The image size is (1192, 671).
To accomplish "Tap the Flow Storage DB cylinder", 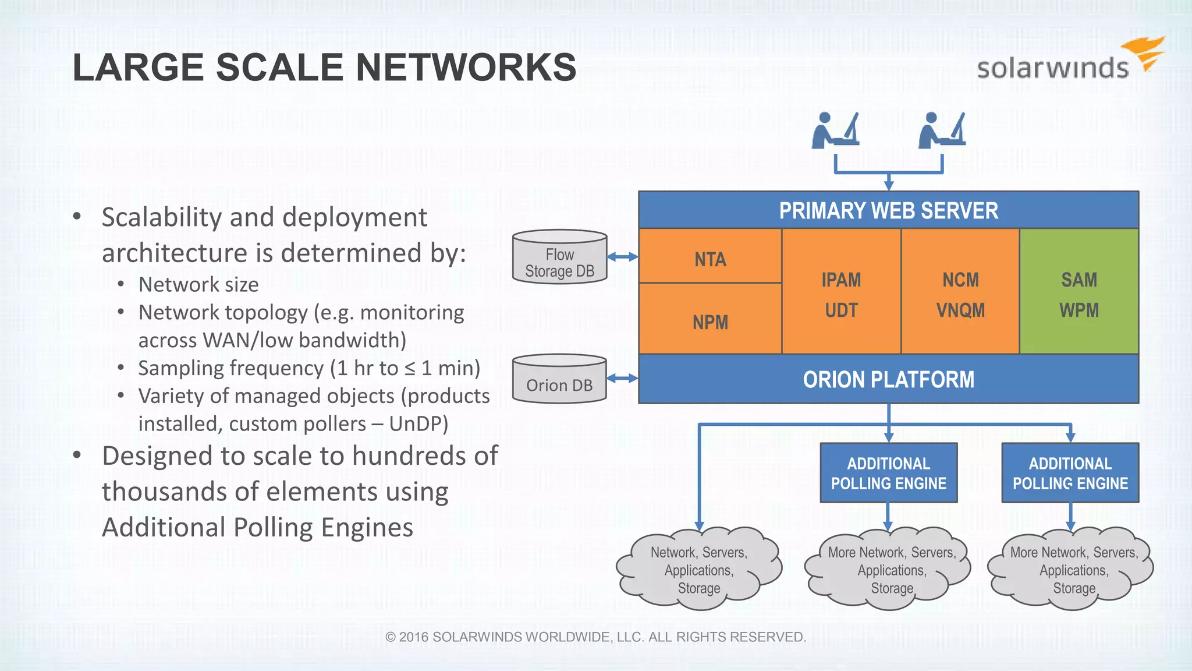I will pos(559,258).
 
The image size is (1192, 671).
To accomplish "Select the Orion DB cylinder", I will pos(559,380).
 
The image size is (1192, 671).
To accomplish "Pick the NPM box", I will pos(710,320).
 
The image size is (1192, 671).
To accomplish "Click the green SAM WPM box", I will pos(1079,292).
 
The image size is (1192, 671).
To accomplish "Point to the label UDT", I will pos(841,310).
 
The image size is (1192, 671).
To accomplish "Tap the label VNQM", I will pos(960,310).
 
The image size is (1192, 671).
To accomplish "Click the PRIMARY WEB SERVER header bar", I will pos(888,210).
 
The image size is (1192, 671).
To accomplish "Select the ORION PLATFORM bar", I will pos(888,379).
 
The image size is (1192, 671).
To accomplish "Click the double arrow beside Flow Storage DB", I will pos(622,257).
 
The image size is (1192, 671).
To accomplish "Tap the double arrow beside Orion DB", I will pos(622,379).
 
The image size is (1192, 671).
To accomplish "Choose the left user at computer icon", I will pos(835,130).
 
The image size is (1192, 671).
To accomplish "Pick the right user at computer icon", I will pos(941,130).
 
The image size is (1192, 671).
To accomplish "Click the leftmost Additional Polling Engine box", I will pos(888,473).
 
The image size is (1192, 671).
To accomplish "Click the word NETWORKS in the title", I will pos(466,68).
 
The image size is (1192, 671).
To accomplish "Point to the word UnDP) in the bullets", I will pos(418,424).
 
